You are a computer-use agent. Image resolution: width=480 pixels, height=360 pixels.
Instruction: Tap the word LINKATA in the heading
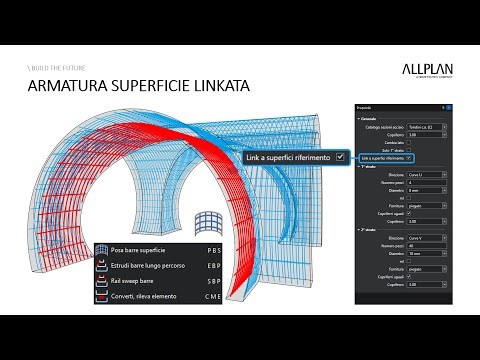click(218, 89)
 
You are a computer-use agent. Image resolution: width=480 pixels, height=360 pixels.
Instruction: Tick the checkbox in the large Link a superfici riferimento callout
click(341, 157)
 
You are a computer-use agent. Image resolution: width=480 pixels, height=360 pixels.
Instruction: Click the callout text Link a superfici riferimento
click(291, 157)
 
